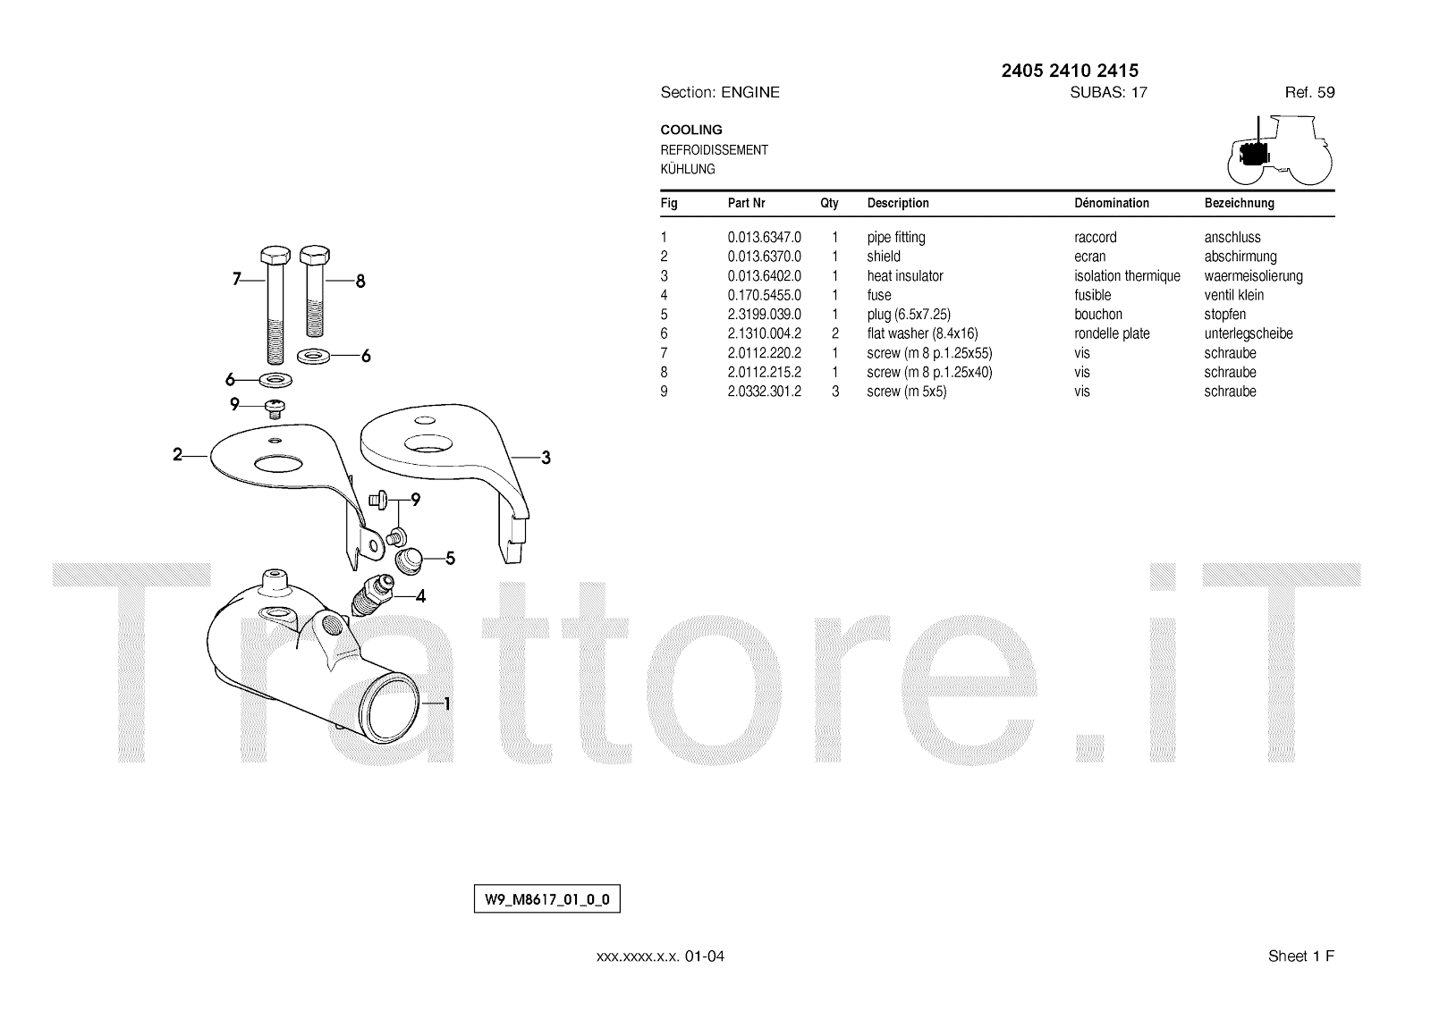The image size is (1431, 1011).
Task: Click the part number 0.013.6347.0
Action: (764, 238)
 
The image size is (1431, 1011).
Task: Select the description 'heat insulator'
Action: (904, 276)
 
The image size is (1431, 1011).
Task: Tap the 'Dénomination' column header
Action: (1111, 203)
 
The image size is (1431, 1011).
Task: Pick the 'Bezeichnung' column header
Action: (1239, 203)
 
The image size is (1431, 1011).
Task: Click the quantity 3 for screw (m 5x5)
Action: (835, 392)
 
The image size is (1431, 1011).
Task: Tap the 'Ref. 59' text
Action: (1309, 92)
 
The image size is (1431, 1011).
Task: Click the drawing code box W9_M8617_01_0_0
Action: (546, 899)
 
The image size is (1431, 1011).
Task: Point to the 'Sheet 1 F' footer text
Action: (1300, 956)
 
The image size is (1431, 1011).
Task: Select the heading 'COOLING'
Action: (691, 130)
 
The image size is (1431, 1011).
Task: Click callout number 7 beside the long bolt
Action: (237, 280)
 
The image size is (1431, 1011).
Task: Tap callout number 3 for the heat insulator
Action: (546, 459)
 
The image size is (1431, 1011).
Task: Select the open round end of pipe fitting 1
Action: (394, 700)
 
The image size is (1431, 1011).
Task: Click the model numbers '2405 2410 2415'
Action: (1070, 71)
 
